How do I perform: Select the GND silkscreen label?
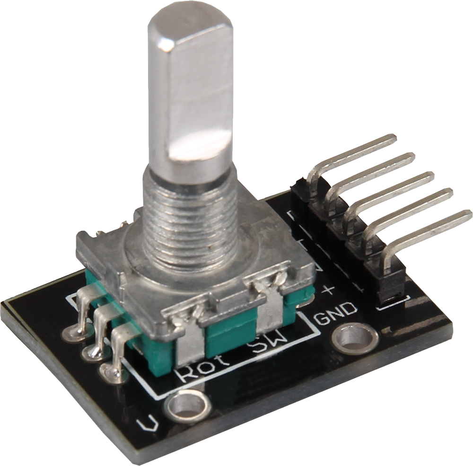tap(336, 313)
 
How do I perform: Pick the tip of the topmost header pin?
tap(391, 139)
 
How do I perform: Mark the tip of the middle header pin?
tap(429, 176)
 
